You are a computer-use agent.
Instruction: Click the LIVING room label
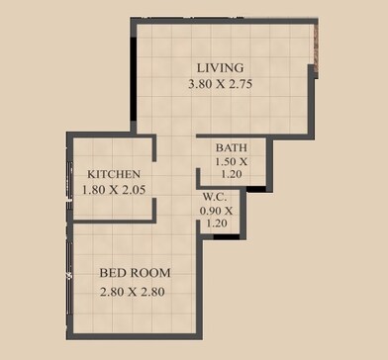tap(220, 67)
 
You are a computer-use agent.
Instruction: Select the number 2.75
tap(239, 85)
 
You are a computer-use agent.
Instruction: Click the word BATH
tap(231, 148)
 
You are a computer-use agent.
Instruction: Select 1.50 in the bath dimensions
tap(226, 161)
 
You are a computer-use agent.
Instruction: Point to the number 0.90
tap(211, 210)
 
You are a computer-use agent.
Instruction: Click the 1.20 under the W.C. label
tap(216, 224)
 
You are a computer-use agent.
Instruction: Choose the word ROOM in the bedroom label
tap(150, 272)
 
